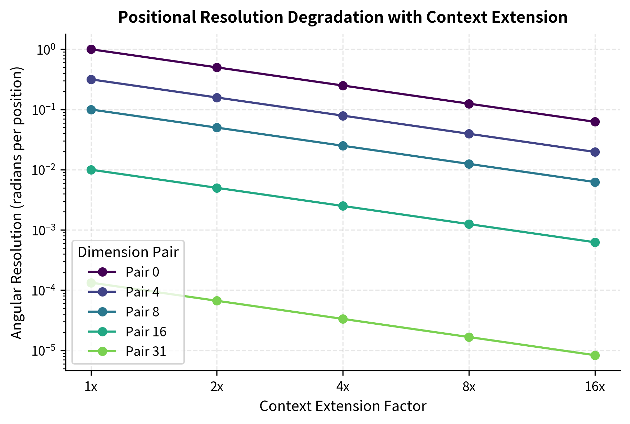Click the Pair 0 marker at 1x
91,49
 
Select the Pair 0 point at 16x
595,122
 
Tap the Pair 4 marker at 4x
343,116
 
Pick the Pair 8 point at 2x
217,128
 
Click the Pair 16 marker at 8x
469,224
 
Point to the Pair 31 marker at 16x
595,355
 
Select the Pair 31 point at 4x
343,319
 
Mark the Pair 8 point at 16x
595,182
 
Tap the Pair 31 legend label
146,352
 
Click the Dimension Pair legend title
128,252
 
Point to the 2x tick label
217,387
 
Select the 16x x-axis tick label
595,387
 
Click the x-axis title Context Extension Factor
343,406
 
